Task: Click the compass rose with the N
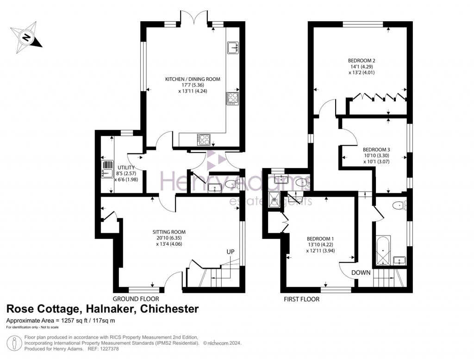(x=26, y=37)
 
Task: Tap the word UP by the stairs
(x=231, y=252)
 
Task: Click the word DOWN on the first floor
(x=361, y=273)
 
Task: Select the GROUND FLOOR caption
(x=136, y=299)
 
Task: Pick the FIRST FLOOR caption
(x=301, y=299)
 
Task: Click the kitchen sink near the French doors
(x=233, y=48)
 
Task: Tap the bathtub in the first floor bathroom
(x=383, y=250)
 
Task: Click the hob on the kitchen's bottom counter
(x=204, y=139)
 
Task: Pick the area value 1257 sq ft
(x=74, y=321)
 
